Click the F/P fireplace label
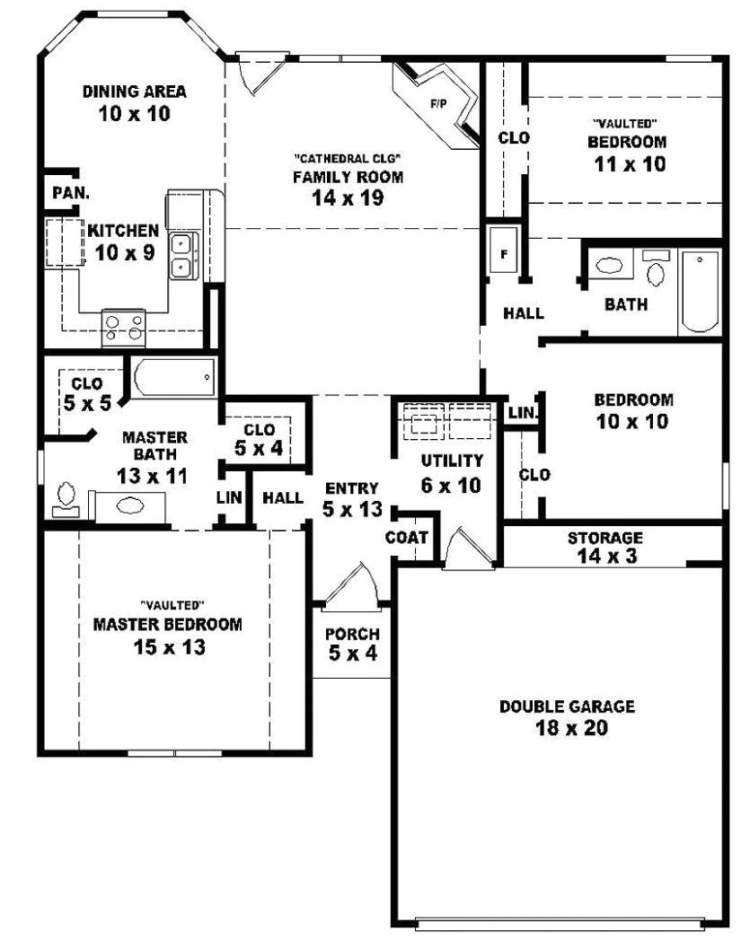(x=438, y=104)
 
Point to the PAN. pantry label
(x=70, y=192)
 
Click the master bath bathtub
(x=173, y=378)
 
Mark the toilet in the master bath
(x=66, y=498)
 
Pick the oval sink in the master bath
(x=130, y=505)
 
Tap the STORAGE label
(x=604, y=539)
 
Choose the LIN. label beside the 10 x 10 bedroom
(x=522, y=413)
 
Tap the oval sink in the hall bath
(x=610, y=266)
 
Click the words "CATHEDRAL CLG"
(x=347, y=159)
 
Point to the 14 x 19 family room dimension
(x=348, y=197)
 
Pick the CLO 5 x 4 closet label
(x=259, y=439)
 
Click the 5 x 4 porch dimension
(x=352, y=654)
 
